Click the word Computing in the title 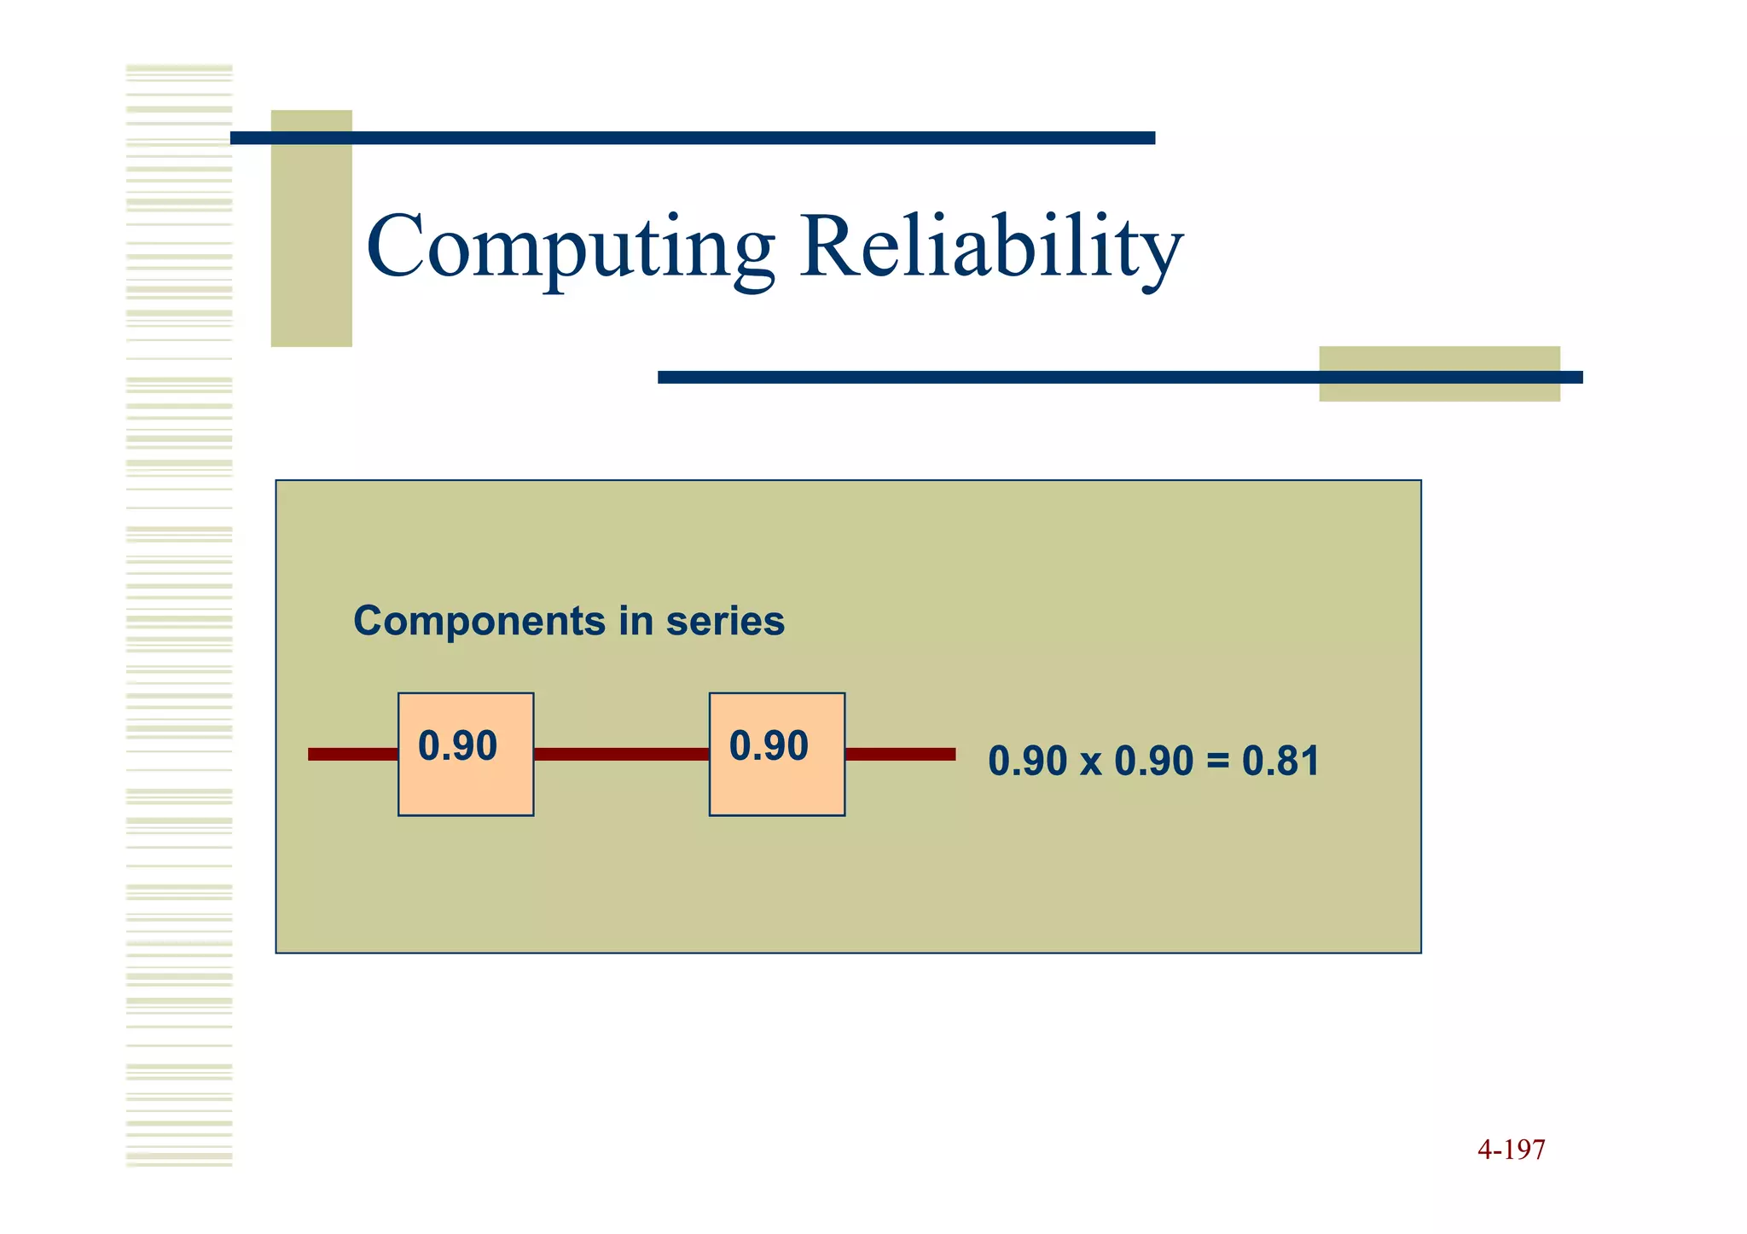(570, 247)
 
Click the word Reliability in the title (991, 247)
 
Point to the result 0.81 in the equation (1280, 762)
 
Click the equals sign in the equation (1218, 762)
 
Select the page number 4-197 (1511, 1150)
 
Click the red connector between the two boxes (621, 754)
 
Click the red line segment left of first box (352, 754)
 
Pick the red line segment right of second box (900, 754)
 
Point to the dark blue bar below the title (981, 377)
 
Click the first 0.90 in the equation (1027, 762)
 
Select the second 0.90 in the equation (1153, 762)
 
